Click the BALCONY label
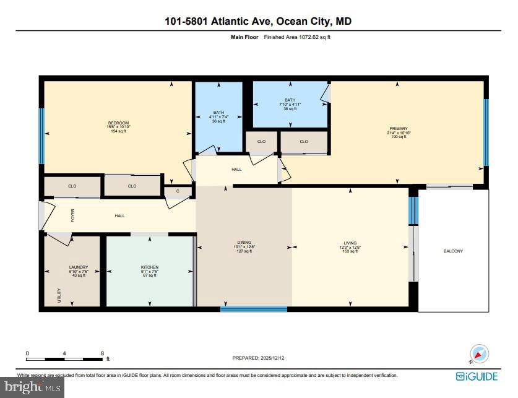click(453, 251)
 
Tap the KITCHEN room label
click(150, 268)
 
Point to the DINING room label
click(244, 243)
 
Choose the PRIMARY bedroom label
click(398, 129)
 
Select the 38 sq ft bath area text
click(290, 108)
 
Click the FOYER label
click(72, 216)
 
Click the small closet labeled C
click(177, 191)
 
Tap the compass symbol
click(479, 353)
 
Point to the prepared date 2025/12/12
click(280, 358)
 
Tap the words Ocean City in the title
click(303, 22)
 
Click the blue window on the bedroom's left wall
click(42, 136)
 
